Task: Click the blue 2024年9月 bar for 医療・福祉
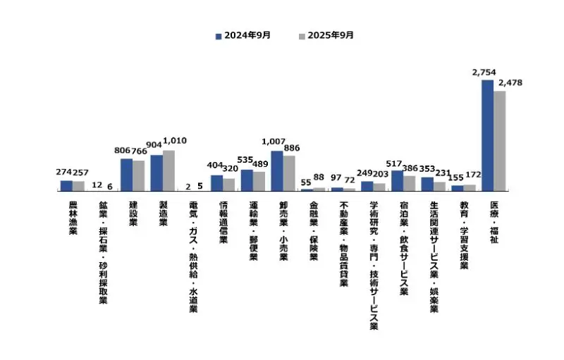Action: point(487,135)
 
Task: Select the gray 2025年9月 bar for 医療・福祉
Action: point(499,141)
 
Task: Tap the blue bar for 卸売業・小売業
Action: point(277,171)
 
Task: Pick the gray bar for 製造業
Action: point(168,170)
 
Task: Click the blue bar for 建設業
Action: point(126,175)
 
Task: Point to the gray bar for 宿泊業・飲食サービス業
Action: point(409,183)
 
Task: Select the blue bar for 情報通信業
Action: point(216,183)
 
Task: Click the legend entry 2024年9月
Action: point(243,35)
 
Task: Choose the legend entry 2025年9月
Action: point(325,35)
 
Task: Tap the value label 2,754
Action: point(485,73)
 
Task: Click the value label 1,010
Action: point(174,141)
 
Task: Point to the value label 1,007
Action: point(274,142)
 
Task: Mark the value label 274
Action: point(65,172)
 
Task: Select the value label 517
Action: point(396,161)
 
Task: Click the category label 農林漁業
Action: point(73,218)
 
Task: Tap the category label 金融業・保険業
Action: point(313,231)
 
